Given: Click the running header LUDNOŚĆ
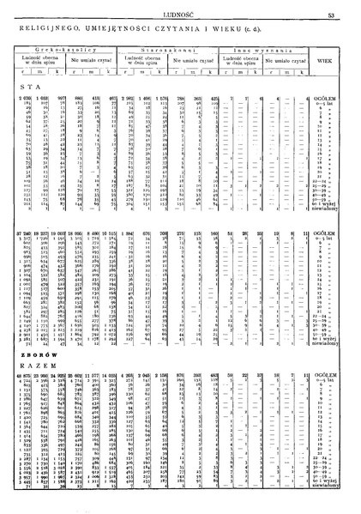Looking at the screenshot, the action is [x=181, y=10].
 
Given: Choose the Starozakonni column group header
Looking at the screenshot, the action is [x=178, y=51].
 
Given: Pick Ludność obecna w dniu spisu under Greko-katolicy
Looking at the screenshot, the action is [x=39, y=63].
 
